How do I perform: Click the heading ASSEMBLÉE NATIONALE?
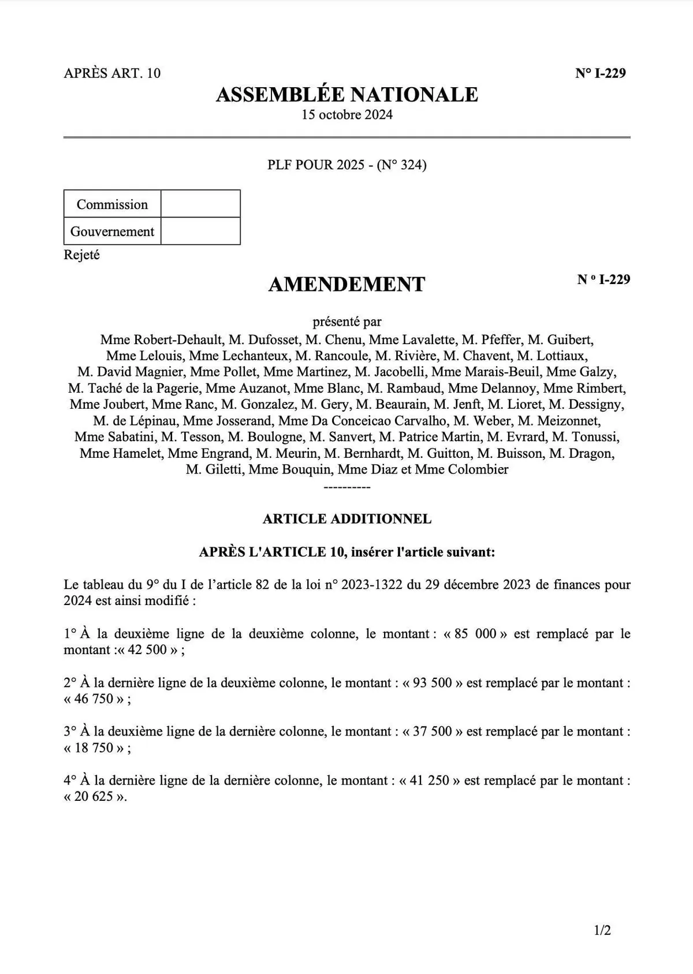pos(346,95)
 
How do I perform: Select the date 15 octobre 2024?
pos(346,114)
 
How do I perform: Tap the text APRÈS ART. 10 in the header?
pos(112,73)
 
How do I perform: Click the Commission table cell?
pos(112,204)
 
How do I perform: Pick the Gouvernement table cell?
pos(112,232)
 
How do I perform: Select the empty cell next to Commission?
pos(200,204)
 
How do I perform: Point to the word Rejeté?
pos(81,255)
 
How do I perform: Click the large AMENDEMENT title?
pos(346,284)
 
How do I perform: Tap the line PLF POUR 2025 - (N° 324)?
pos(346,165)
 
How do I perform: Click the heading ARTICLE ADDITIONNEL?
pos(346,518)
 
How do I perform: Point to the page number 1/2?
pos(602,930)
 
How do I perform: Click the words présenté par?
pos(346,322)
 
